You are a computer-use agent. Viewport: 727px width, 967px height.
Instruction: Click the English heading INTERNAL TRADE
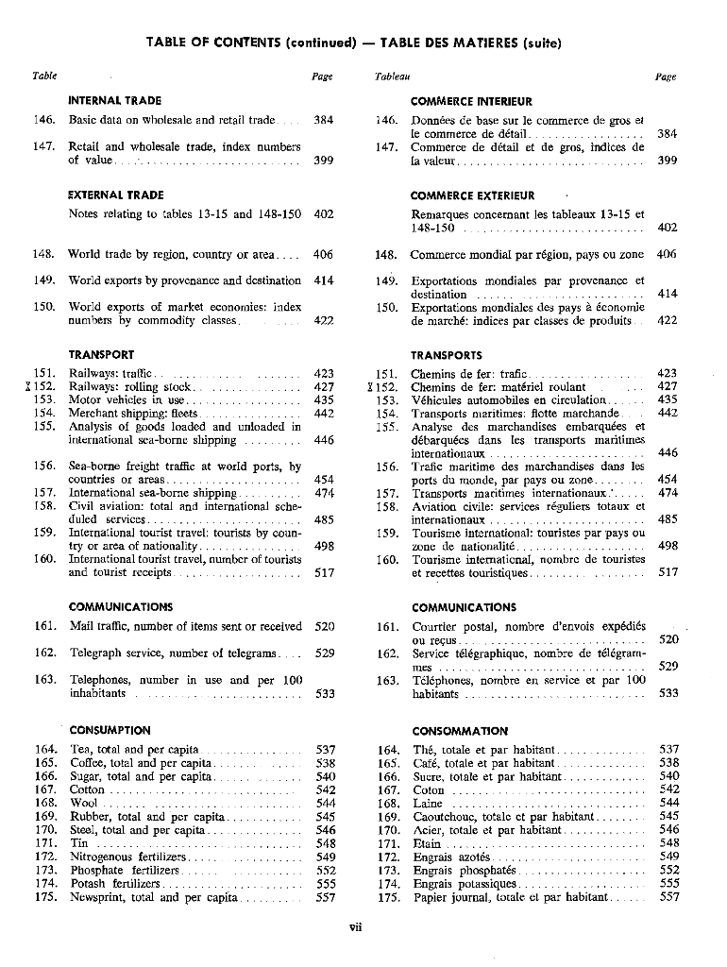[115, 100]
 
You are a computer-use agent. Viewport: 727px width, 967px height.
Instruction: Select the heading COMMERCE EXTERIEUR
[472, 196]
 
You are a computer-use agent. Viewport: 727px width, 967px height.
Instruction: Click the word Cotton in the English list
[88, 789]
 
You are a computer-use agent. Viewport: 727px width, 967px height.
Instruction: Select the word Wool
[84, 803]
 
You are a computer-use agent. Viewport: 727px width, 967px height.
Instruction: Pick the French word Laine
[428, 804]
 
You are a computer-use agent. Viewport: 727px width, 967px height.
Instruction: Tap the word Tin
[79, 843]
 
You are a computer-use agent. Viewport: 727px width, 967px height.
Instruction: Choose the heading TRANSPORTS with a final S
[447, 356]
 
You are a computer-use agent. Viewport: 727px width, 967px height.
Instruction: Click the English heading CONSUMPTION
[110, 730]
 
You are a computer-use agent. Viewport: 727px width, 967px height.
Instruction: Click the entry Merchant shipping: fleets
[133, 413]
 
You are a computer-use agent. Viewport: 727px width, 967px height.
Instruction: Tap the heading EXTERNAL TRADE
[116, 195]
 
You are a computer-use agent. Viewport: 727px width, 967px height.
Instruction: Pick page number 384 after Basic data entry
[324, 121]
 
